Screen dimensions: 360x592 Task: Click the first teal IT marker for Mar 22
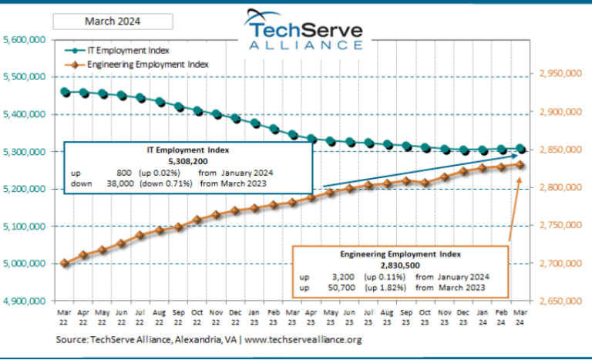(x=66, y=92)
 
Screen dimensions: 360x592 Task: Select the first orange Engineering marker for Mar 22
(x=66, y=263)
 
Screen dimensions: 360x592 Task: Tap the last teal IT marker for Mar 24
(x=521, y=149)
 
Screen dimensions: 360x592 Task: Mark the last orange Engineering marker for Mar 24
(x=521, y=164)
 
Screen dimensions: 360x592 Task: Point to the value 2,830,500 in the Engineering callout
(x=399, y=264)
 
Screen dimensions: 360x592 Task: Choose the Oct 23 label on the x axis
(x=425, y=317)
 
